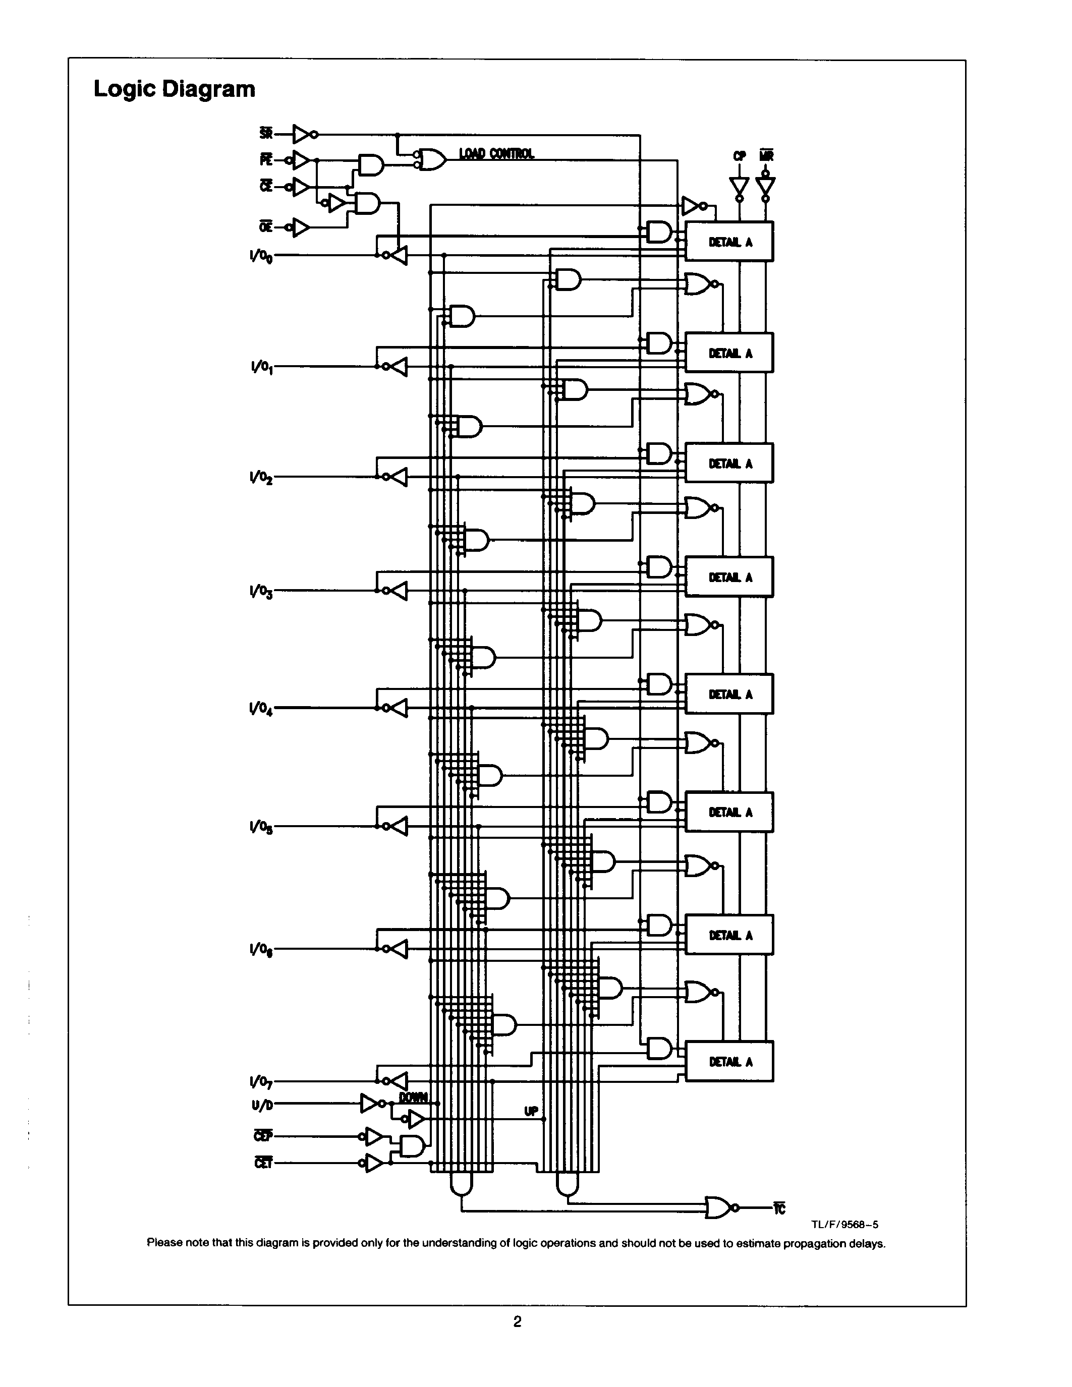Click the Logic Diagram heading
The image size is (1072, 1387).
(174, 89)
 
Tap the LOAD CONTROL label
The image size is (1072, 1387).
(496, 154)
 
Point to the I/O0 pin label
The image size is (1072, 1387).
(261, 256)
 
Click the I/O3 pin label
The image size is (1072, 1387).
(261, 592)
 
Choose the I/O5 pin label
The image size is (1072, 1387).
(261, 827)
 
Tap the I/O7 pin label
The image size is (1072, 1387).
(261, 1081)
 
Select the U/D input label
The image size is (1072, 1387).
(262, 1105)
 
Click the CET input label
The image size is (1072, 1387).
(263, 1163)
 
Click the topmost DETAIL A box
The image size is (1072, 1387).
(729, 241)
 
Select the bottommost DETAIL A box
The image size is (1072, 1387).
(729, 1061)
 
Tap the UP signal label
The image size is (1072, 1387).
(531, 1111)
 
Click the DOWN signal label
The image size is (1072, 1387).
(414, 1097)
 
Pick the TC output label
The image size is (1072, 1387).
(779, 1208)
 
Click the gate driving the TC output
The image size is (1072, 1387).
(718, 1207)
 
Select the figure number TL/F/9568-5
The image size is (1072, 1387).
(844, 1225)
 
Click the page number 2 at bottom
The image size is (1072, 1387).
(517, 1321)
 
